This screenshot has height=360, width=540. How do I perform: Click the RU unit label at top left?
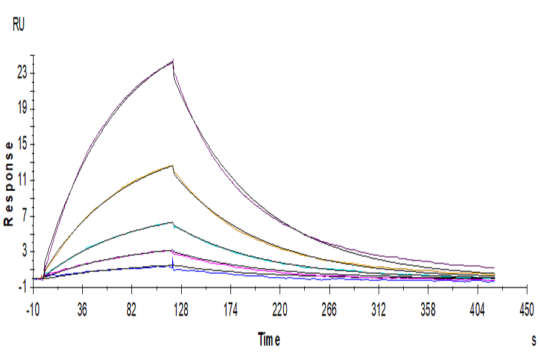click(19, 25)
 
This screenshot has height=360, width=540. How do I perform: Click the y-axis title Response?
click(8, 183)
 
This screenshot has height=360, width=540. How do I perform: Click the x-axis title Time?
click(269, 340)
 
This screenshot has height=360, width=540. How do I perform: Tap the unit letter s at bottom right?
click(533, 340)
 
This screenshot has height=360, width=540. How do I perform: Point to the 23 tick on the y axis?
click(22, 73)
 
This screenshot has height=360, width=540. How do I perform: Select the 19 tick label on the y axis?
click(22, 109)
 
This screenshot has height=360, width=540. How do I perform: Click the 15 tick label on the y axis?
click(22, 145)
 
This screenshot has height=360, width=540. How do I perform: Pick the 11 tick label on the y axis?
click(22, 181)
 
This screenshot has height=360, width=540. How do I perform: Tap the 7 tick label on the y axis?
click(25, 216)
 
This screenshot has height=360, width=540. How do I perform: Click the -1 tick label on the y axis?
click(23, 287)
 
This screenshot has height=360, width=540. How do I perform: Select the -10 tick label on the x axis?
click(34, 310)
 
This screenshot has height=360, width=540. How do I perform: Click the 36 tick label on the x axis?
click(83, 310)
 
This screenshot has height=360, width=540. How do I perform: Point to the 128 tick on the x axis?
click(181, 310)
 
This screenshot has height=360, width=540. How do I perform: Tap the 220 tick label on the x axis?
click(280, 310)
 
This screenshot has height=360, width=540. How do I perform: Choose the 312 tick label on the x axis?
click(379, 310)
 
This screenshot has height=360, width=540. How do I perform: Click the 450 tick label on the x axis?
click(526, 310)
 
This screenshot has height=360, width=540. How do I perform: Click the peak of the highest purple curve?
click(173, 61)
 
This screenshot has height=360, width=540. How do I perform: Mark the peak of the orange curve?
click(173, 166)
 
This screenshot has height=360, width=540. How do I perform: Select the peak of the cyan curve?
click(172, 223)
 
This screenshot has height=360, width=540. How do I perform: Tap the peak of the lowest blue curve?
click(172, 265)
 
